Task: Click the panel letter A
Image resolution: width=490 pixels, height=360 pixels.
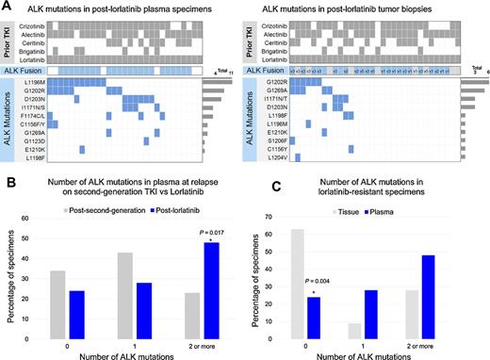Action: pyautogui.click(x=7, y=6)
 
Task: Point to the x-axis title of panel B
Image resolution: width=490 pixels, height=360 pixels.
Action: pyautogui.click(x=125, y=353)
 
